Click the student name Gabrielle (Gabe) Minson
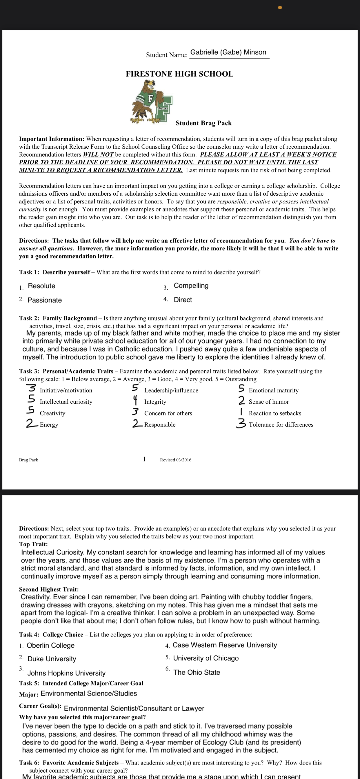(228, 52)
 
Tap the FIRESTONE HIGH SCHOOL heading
(179, 74)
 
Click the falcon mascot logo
(152, 102)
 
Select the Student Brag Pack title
(203, 123)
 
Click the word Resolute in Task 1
(41, 286)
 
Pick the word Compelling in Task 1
(191, 286)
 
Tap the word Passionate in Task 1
(44, 300)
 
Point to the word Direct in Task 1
(183, 300)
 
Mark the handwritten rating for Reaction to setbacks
(241, 412)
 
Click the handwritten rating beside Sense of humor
(241, 401)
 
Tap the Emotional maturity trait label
(274, 390)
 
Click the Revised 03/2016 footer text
(175, 460)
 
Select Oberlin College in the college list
(50, 646)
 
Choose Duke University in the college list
(52, 659)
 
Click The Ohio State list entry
(197, 673)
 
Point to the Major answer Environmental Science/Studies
(89, 694)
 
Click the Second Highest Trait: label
(49, 589)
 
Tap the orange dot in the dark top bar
(280, 8)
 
